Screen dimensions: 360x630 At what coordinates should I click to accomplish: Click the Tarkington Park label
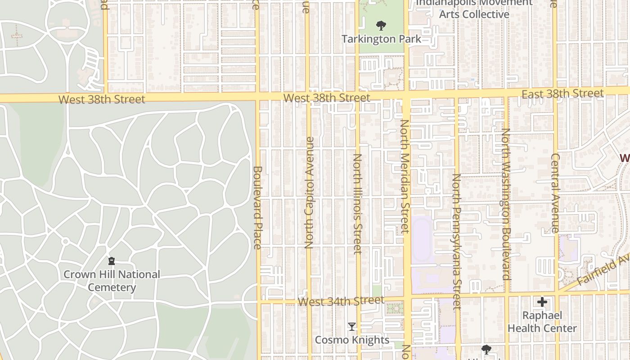[381, 39]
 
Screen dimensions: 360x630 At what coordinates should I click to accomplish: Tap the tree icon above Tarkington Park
[381, 25]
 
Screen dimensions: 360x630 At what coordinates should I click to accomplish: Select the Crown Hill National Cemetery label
[112, 281]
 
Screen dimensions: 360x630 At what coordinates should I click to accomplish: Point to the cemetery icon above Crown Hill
[112, 261]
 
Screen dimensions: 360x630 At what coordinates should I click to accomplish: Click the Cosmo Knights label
[352, 340]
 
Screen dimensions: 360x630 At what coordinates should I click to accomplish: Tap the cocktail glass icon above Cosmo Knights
[352, 326]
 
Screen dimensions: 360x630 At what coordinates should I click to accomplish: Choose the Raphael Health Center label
[542, 322]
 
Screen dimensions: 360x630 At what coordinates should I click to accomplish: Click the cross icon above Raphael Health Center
[542, 301]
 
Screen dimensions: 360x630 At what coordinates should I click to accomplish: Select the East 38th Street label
[562, 94]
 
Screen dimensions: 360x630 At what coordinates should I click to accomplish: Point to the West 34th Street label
[341, 301]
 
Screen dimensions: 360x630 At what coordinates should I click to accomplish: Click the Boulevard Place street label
[257, 207]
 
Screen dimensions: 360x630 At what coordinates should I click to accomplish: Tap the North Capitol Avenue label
[309, 193]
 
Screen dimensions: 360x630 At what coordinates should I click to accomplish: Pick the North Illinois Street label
[358, 204]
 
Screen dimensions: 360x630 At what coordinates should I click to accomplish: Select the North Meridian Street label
[405, 176]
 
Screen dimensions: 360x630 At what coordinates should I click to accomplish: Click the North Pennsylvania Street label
[457, 242]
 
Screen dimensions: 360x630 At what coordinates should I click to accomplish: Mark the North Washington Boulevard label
[506, 204]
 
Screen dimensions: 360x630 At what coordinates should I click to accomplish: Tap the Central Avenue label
[555, 193]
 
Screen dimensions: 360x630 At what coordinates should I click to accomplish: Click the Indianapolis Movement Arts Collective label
[474, 9]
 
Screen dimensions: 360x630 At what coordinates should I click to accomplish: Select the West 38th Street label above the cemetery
[102, 99]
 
